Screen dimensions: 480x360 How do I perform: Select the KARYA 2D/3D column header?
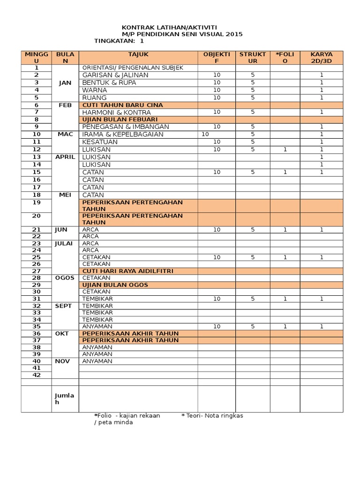click(321, 58)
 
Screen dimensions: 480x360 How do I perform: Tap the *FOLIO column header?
click(285, 58)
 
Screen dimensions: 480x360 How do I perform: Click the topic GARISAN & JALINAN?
click(115, 75)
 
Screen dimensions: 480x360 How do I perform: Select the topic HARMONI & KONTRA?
click(117, 112)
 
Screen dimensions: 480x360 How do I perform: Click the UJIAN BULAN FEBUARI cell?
click(120, 120)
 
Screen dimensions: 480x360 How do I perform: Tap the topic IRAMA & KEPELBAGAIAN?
click(123, 134)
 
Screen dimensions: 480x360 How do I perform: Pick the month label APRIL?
click(65, 157)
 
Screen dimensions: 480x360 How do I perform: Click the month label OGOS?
click(65, 277)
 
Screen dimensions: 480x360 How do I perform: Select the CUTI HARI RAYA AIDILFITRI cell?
click(128, 270)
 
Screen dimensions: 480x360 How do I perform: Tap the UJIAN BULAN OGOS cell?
click(115, 285)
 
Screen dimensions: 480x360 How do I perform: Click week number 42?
click(37, 375)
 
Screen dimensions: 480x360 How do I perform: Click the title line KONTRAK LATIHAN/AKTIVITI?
click(169, 28)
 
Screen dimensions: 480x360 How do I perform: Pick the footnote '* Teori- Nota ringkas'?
click(212, 415)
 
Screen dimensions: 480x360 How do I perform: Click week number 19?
click(37, 202)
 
